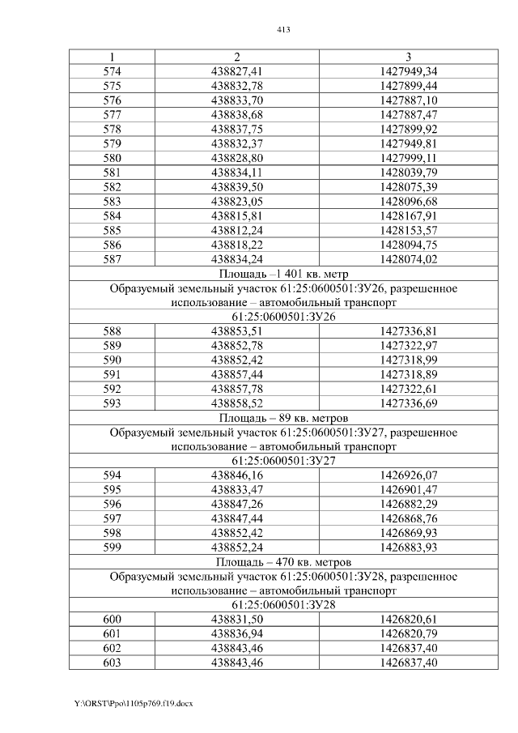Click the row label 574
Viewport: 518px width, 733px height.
[113, 71]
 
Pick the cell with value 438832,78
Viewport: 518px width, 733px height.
[236, 86]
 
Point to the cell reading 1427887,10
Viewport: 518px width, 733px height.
[408, 100]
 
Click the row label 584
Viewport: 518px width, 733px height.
[113, 216]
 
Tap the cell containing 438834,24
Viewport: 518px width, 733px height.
[236, 259]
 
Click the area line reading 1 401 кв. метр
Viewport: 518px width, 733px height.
[283, 274]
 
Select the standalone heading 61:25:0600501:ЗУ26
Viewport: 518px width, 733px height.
[283, 317]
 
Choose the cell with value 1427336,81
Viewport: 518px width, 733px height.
[408, 331]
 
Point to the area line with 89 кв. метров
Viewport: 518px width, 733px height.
[283, 418]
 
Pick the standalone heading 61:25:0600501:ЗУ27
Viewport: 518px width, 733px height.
[283, 461]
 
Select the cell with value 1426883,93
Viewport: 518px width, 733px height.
[408, 548]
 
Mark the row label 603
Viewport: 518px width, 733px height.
[113, 663]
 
